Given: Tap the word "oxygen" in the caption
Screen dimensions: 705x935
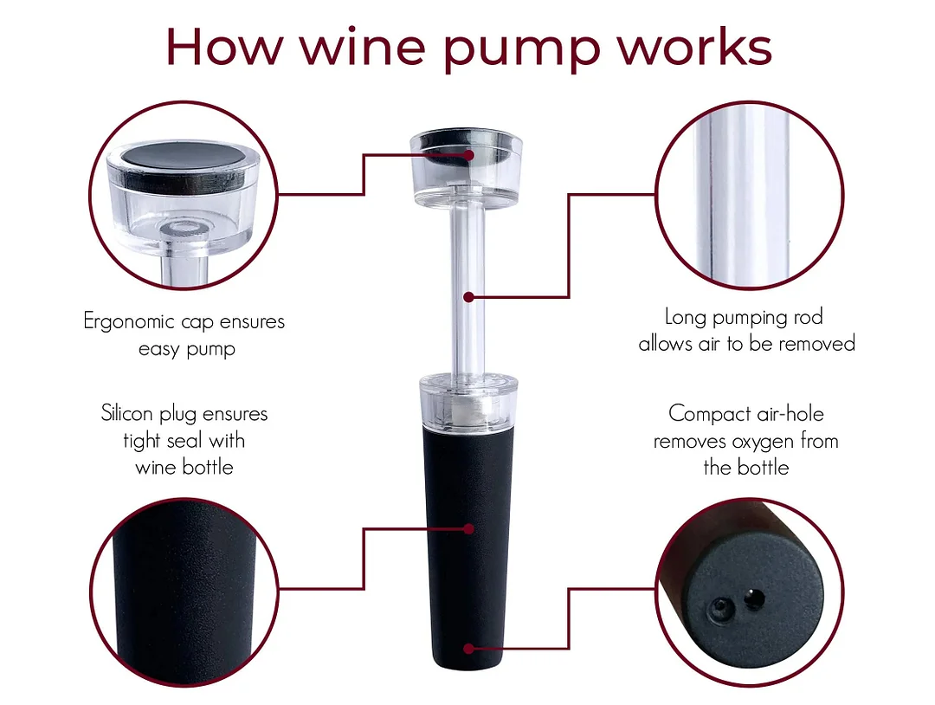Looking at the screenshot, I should click(762, 441).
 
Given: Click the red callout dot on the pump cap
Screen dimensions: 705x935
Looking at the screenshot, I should click(468, 155).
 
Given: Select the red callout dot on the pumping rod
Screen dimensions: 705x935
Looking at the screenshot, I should click(468, 297).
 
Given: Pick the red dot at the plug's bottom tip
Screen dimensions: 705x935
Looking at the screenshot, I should click(468, 648).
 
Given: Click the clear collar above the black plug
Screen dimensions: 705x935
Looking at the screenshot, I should click(467, 398).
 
